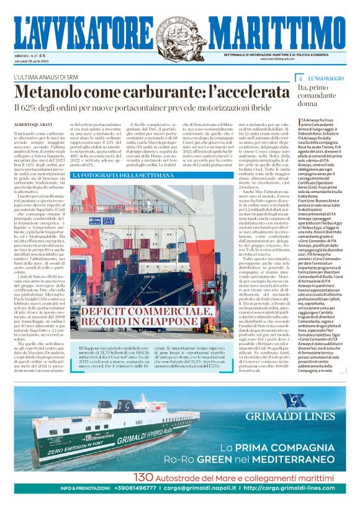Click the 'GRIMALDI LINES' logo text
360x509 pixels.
click(x=297, y=417)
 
